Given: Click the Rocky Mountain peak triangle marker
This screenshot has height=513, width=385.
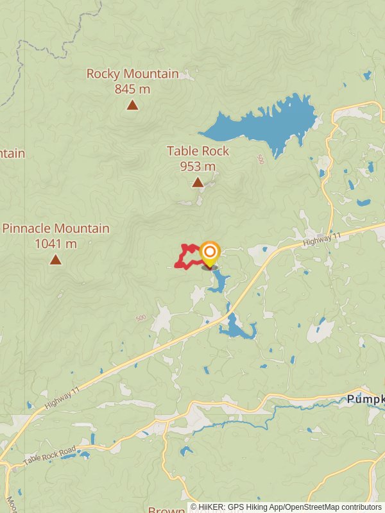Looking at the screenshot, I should tap(132, 105).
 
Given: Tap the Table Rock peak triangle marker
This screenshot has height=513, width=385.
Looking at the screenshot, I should tap(198, 183).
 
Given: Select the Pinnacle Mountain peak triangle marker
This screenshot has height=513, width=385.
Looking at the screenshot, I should tap(56, 260).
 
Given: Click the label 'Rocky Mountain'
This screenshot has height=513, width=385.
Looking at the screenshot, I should tap(133, 74).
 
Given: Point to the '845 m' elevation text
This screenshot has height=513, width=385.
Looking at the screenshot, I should tap(133, 89).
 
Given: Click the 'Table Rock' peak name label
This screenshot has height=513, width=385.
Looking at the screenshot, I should tap(198, 151).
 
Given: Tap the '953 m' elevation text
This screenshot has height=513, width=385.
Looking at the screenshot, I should tap(198, 167).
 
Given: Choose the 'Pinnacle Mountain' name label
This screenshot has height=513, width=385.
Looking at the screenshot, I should tap(56, 228).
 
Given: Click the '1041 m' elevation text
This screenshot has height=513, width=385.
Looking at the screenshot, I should tap(56, 244).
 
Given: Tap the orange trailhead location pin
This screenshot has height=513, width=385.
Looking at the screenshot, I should tap(209, 253).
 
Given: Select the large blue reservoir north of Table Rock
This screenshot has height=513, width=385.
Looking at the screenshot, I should tap(269, 122).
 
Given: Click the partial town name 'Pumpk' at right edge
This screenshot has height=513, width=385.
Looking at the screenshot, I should tap(366, 399).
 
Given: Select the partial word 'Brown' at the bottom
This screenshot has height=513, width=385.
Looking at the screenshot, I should tap(167, 510).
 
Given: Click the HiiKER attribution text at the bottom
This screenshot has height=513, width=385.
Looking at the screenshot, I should tap(286, 507).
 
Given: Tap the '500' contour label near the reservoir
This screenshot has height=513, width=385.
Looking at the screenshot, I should tap(260, 158).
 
